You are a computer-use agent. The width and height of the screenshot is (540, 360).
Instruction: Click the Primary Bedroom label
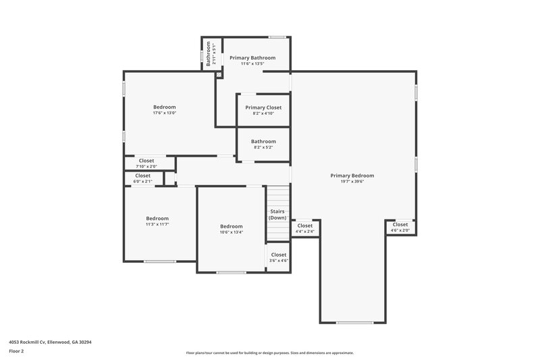(x=352, y=176)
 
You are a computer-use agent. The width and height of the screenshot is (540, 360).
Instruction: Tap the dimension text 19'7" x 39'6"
(x=352, y=182)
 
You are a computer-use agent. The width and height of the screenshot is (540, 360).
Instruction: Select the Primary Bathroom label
(x=252, y=58)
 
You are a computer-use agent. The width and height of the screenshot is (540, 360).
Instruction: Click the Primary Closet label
(x=263, y=107)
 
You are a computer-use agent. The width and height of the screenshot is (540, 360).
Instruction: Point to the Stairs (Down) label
(x=277, y=215)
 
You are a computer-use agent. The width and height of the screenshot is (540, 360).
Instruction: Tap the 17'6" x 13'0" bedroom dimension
(x=165, y=113)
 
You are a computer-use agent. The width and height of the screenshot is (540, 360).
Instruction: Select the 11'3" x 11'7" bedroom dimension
(x=157, y=224)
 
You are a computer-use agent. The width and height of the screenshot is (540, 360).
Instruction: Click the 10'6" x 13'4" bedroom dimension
(x=231, y=232)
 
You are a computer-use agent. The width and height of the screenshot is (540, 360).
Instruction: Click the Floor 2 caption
(x=16, y=351)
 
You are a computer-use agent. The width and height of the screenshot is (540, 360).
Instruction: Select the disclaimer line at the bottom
(x=269, y=353)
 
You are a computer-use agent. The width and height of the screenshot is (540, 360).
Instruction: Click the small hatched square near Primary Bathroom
(x=219, y=74)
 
